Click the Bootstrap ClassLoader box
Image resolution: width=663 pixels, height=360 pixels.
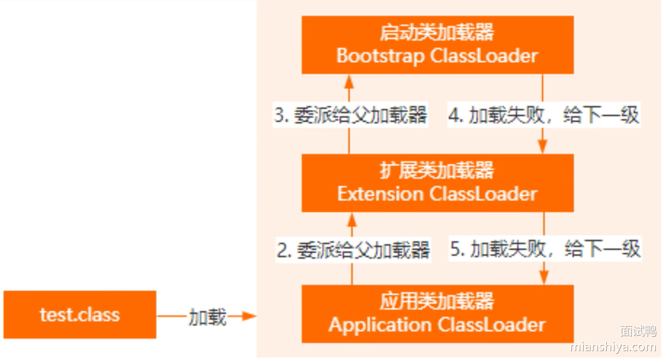tap(437, 45)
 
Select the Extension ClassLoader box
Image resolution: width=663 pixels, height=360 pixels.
tap(437, 183)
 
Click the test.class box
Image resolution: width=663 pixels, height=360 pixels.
tap(79, 315)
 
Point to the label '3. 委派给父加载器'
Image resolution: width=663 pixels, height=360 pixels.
tap(351, 116)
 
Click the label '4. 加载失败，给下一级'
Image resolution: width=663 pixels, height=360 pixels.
tap(543, 116)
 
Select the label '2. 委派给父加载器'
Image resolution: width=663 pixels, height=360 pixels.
tap(353, 250)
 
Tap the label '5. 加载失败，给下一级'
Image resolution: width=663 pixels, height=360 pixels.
tap(545, 249)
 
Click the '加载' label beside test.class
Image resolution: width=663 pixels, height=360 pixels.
tap(207, 317)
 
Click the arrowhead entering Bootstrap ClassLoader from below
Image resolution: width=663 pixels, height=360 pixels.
tap(348, 80)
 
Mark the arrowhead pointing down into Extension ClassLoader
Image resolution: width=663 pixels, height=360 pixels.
tap(543, 147)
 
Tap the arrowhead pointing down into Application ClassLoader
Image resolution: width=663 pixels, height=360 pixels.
tap(544, 278)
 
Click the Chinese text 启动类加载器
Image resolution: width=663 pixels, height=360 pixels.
tap(437, 33)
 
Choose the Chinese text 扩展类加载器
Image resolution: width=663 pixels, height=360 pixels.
tap(437, 170)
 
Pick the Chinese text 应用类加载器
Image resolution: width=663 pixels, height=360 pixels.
tap(437, 302)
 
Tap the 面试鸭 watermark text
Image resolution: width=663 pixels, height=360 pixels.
tap(638, 331)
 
